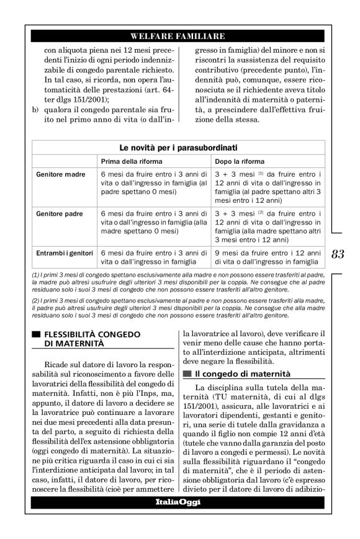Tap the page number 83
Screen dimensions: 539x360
click(338, 254)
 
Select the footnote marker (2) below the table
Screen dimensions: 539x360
click(35, 300)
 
